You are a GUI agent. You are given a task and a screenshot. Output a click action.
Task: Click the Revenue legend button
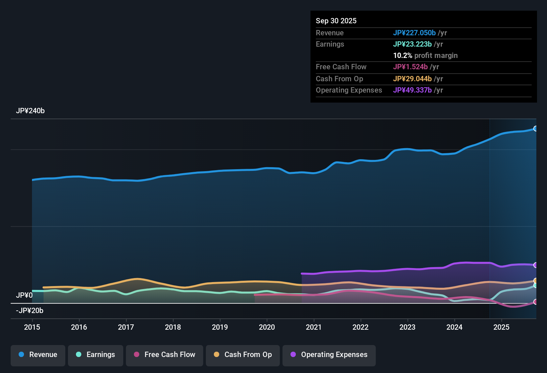(x=38, y=355)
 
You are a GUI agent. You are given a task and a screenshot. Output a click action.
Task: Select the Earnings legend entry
(x=96, y=355)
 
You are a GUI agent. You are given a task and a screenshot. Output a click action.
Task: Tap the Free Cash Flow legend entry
(x=165, y=355)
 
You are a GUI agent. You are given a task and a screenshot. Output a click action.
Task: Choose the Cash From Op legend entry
(x=243, y=355)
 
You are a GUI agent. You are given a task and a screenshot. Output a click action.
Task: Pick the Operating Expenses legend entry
(x=329, y=355)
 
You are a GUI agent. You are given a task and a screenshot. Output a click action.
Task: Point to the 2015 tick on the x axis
(x=32, y=327)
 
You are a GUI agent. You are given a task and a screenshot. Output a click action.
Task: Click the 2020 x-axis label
(x=267, y=327)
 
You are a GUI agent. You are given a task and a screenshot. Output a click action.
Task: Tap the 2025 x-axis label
(x=501, y=327)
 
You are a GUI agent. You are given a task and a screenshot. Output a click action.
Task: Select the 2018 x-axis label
(x=173, y=327)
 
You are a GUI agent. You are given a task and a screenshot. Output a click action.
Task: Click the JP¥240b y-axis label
(x=30, y=111)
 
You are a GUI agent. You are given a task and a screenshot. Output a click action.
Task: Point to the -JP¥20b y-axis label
(x=30, y=311)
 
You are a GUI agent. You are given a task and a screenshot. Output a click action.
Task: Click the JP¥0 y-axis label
(x=24, y=295)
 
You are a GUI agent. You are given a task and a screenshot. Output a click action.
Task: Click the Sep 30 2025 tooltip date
(x=336, y=21)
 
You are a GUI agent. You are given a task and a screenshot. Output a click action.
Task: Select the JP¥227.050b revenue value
(x=414, y=33)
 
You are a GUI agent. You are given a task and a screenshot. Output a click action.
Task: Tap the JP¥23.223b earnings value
(x=412, y=44)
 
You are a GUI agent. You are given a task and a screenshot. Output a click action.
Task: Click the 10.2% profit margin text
(x=425, y=55)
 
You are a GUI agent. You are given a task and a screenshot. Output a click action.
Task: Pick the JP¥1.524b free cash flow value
(x=410, y=67)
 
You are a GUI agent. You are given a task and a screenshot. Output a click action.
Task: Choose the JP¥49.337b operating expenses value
(x=412, y=90)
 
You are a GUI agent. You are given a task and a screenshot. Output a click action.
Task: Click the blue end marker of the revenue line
(x=536, y=129)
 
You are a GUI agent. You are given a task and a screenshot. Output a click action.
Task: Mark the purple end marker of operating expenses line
(x=536, y=265)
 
